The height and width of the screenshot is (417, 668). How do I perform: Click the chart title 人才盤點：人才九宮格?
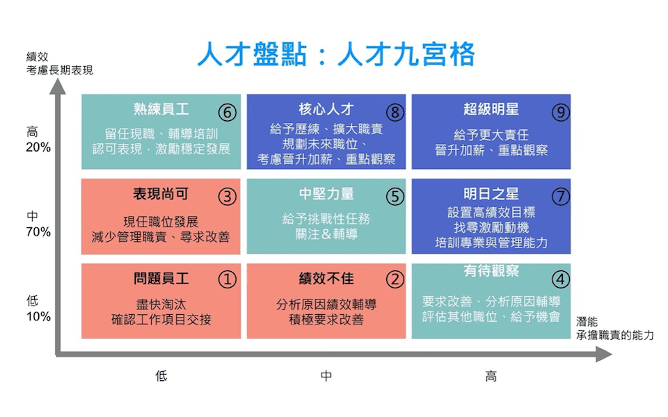tap(336, 54)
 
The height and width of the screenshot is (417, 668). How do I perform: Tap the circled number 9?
tap(561, 113)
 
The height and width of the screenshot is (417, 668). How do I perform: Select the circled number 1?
tap(227, 279)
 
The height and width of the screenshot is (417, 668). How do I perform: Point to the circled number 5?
tap(395, 197)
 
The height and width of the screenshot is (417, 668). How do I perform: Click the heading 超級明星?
tap(491, 109)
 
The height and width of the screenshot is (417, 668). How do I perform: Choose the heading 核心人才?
tap(326, 109)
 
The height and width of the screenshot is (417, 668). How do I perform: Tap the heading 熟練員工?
tap(161, 109)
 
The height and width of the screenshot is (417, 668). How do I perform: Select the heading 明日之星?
tap(491, 194)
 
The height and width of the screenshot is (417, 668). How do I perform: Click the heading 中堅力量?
tap(326, 194)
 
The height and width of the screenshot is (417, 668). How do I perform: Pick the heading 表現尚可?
tap(161, 194)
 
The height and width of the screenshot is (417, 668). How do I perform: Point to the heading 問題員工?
tap(161, 279)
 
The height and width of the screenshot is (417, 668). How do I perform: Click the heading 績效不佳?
tap(326, 279)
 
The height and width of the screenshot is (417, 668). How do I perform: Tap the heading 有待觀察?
tap(491, 270)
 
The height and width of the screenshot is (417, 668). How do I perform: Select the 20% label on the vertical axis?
tap(38, 147)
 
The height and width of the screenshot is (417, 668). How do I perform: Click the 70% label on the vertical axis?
tap(38, 232)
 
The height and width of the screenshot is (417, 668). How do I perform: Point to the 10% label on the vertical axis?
tap(38, 317)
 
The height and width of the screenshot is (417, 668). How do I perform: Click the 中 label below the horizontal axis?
tap(326, 376)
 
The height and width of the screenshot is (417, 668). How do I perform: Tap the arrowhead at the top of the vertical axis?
tap(58, 86)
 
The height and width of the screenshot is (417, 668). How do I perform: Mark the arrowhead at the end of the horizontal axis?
tap(604, 354)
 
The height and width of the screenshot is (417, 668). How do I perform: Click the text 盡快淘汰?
tap(161, 304)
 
